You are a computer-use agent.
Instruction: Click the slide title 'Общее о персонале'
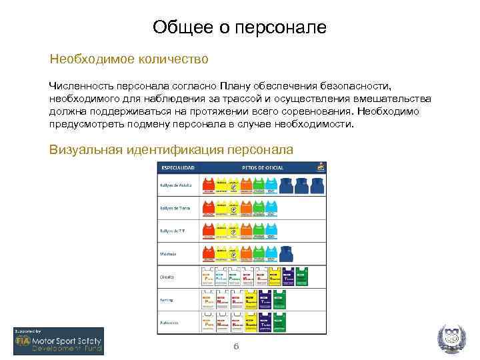pos(239,27)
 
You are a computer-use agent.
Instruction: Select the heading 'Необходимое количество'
pos(129,59)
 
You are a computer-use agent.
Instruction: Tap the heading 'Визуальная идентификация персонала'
pos(171,149)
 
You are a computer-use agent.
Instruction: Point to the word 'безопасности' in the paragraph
pos(358,86)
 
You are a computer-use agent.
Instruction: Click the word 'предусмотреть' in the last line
pos(89,124)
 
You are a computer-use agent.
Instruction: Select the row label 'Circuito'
pos(167,276)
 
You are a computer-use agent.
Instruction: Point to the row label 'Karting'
pos(167,299)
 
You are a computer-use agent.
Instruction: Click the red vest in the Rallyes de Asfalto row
pos(209,185)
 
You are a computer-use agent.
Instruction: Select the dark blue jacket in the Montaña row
pos(287,253)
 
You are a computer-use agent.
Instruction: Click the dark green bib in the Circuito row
pos(305,277)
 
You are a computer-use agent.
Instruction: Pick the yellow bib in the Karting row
pos(251,299)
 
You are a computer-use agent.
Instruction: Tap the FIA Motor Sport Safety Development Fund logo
pos(59,341)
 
